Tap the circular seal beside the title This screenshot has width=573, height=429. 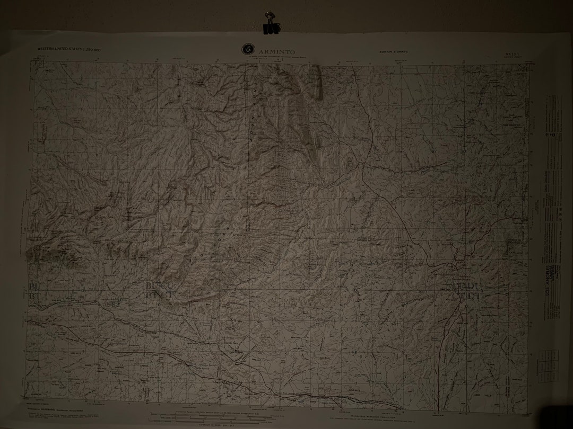point(247,49)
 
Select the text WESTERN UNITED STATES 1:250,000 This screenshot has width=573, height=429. point(68,49)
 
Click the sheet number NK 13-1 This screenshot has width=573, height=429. point(512,54)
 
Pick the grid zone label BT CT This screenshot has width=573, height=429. point(159,295)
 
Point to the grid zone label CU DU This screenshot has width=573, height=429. point(466,287)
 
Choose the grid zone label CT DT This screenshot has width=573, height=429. point(466,296)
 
